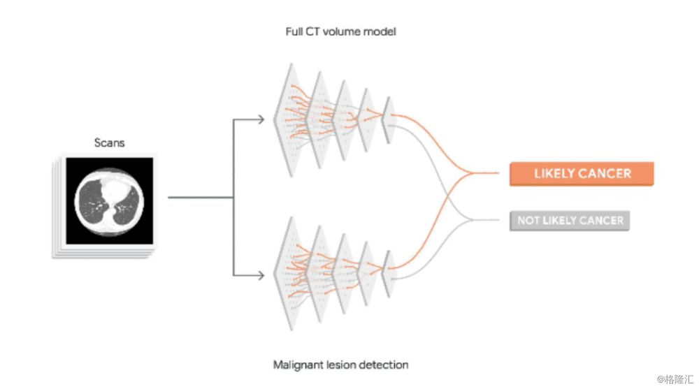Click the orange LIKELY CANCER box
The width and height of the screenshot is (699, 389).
(582, 174)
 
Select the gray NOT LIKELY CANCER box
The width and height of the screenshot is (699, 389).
(569, 221)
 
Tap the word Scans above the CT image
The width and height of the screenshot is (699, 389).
(109, 143)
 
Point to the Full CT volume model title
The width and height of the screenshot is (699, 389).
(341, 31)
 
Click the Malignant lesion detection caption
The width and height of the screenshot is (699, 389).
(340, 365)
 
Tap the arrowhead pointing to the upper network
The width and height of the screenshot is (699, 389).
(261, 119)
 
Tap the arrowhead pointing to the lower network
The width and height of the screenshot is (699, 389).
(261, 274)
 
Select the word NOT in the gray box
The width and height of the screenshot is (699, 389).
(529, 221)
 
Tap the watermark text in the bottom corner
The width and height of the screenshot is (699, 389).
(675, 379)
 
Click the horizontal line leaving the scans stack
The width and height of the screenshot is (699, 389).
(199, 198)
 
